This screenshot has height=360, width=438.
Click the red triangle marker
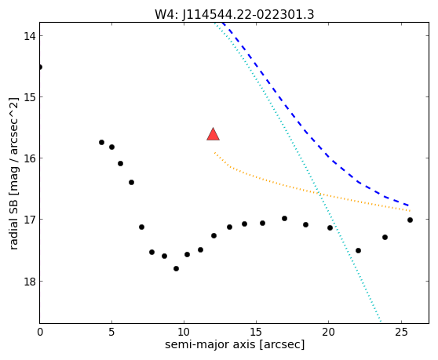pos(214,135)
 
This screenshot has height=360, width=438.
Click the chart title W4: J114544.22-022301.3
pos(235,15)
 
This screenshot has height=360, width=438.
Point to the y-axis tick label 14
pos(29,36)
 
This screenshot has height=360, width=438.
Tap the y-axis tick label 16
pos(29,158)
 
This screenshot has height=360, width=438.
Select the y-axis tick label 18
pos(29,282)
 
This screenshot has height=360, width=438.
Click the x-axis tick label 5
pos(111,332)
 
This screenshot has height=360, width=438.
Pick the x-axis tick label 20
pos(328,332)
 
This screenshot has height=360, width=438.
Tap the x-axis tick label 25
pos(401,332)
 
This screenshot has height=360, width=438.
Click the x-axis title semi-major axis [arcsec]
pos(235,344)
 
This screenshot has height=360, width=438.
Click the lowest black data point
pos(176,268)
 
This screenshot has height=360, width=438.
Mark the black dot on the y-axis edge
pos(40,67)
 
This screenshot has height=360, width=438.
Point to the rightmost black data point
pos(410,220)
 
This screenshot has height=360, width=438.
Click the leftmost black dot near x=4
pos(102,142)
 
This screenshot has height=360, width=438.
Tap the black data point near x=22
pos(359,251)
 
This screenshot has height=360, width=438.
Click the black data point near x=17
pos(285,219)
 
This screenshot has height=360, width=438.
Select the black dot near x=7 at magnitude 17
pos(141,227)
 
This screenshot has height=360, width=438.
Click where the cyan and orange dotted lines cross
pos(319,193)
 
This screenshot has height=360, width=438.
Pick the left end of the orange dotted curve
pos(214,152)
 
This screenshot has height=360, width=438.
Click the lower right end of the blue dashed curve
pos(409,205)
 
